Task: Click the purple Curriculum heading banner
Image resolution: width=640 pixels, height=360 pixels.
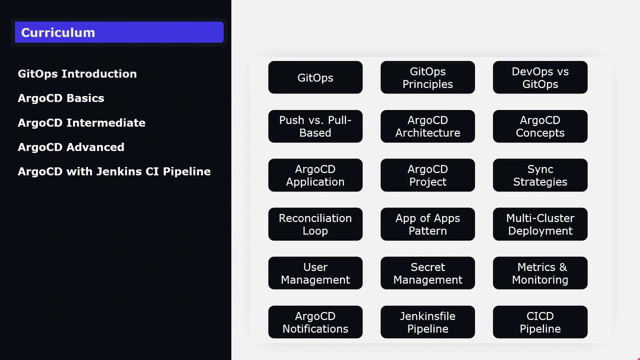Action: pos(119,32)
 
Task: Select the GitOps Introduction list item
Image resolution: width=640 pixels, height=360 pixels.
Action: pos(77,73)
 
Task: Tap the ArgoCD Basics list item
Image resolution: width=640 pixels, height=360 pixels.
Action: pos(61,98)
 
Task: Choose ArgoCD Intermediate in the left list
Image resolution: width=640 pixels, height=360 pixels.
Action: pos(81,122)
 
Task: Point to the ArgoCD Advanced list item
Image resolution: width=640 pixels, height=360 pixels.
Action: pos(71,147)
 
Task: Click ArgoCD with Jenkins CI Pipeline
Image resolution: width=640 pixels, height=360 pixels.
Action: pos(114,171)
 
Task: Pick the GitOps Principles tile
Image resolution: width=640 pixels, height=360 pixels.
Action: pos(427,77)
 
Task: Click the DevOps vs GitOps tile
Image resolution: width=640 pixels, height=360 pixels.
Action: pos(540,77)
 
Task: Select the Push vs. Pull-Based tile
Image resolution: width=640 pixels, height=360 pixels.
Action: pos(315,126)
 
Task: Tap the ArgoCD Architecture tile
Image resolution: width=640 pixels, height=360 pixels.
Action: pos(427,126)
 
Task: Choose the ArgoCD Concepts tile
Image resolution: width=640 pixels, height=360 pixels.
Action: pos(540,126)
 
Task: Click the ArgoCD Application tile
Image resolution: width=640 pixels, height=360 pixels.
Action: pos(315,175)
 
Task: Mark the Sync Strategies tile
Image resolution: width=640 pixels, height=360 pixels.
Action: pos(540,175)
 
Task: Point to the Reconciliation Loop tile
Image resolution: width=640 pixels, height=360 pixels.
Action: pos(315,224)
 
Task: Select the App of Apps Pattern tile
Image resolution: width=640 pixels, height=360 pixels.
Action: pos(427,224)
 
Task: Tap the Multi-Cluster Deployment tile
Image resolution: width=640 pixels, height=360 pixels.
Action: pos(540,224)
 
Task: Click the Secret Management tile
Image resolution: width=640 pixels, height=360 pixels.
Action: pos(427,273)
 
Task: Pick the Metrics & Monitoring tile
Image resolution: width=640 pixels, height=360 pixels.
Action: pos(540,273)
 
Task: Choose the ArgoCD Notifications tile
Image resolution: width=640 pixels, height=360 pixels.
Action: pos(315,322)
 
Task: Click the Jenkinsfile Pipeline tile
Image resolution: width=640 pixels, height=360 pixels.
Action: pos(427,322)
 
